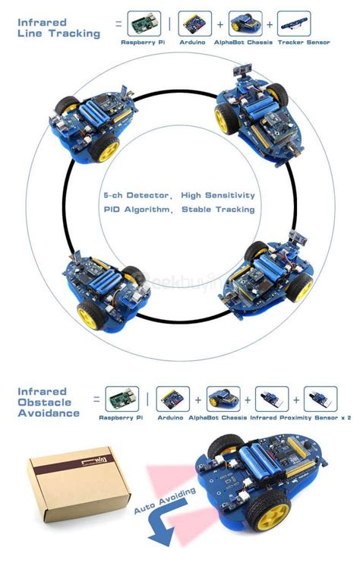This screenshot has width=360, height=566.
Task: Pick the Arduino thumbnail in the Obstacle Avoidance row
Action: pyautogui.click(x=172, y=398)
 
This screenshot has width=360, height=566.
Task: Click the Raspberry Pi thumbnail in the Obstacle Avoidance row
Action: pyautogui.click(x=122, y=398)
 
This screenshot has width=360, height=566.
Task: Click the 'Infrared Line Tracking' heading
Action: pyautogui.click(x=58, y=28)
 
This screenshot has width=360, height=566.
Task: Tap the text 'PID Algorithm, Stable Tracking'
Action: pyautogui.click(x=179, y=209)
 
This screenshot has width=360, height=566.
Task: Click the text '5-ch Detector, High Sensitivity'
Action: pyautogui.click(x=179, y=195)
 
